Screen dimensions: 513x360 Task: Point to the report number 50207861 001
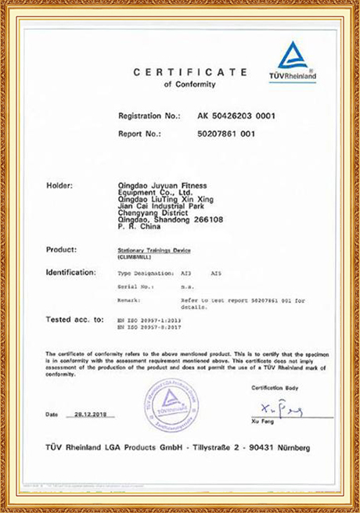(227, 132)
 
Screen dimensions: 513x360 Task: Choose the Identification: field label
(71, 273)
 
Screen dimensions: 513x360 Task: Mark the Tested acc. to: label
(75, 319)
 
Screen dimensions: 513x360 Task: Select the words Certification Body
(274, 388)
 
